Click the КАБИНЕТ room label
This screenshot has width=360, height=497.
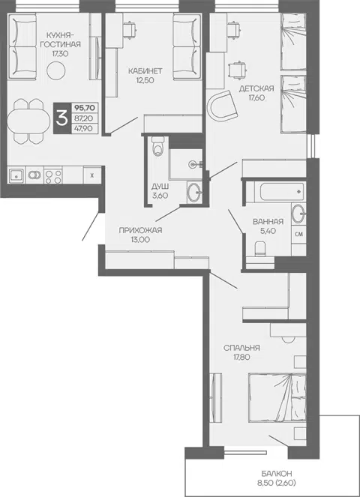click(x=145, y=71)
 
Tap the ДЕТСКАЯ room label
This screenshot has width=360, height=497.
click(x=256, y=88)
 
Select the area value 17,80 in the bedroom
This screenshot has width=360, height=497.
click(x=241, y=358)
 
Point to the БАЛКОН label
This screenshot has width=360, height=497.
click(x=277, y=474)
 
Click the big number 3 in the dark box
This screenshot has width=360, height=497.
click(x=61, y=118)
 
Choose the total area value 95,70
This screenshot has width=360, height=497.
click(x=85, y=108)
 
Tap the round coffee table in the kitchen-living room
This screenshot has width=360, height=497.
click(x=55, y=70)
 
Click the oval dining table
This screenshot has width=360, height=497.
click(x=28, y=121)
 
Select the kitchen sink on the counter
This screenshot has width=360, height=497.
click(x=16, y=175)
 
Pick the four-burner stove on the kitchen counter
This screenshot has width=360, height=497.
click(x=53, y=175)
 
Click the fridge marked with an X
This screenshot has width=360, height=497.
click(x=92, y=175)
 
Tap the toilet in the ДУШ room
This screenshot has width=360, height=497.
click(x=157, y=146)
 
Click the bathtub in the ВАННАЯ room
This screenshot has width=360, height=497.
click(x=276, y=191)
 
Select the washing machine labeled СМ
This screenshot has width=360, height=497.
click(x=298, y=235)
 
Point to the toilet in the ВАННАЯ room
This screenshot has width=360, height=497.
click(x=260, y=249)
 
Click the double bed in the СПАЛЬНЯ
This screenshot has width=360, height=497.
click(x=277, y=398)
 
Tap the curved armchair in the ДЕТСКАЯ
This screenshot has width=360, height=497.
click(x=222, y=106)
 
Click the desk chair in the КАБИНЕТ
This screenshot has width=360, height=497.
click(x=130, y=29)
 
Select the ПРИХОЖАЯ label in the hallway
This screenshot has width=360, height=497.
click(x=140, y=230)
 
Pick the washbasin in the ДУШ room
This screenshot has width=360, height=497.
click(x=193, y=192)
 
